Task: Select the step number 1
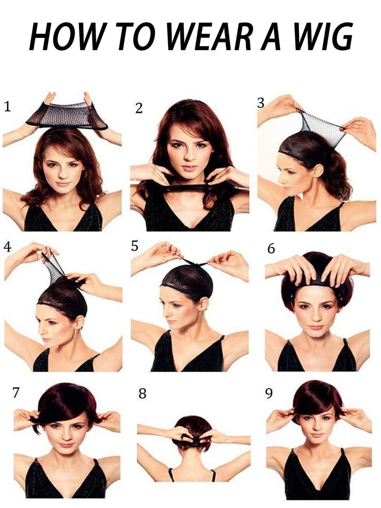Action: (x=7, y=107)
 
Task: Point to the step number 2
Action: (x=139, y=108)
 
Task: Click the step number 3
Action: (x=261, y=103)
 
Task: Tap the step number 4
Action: (x=8, y=247)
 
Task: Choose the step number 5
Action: (x=135, y=246)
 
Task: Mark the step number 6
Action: (x=271, y=248)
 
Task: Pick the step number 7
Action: (x=16, y=392)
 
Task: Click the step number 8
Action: (x=142, y=394)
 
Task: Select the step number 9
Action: (x=269, y=394)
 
